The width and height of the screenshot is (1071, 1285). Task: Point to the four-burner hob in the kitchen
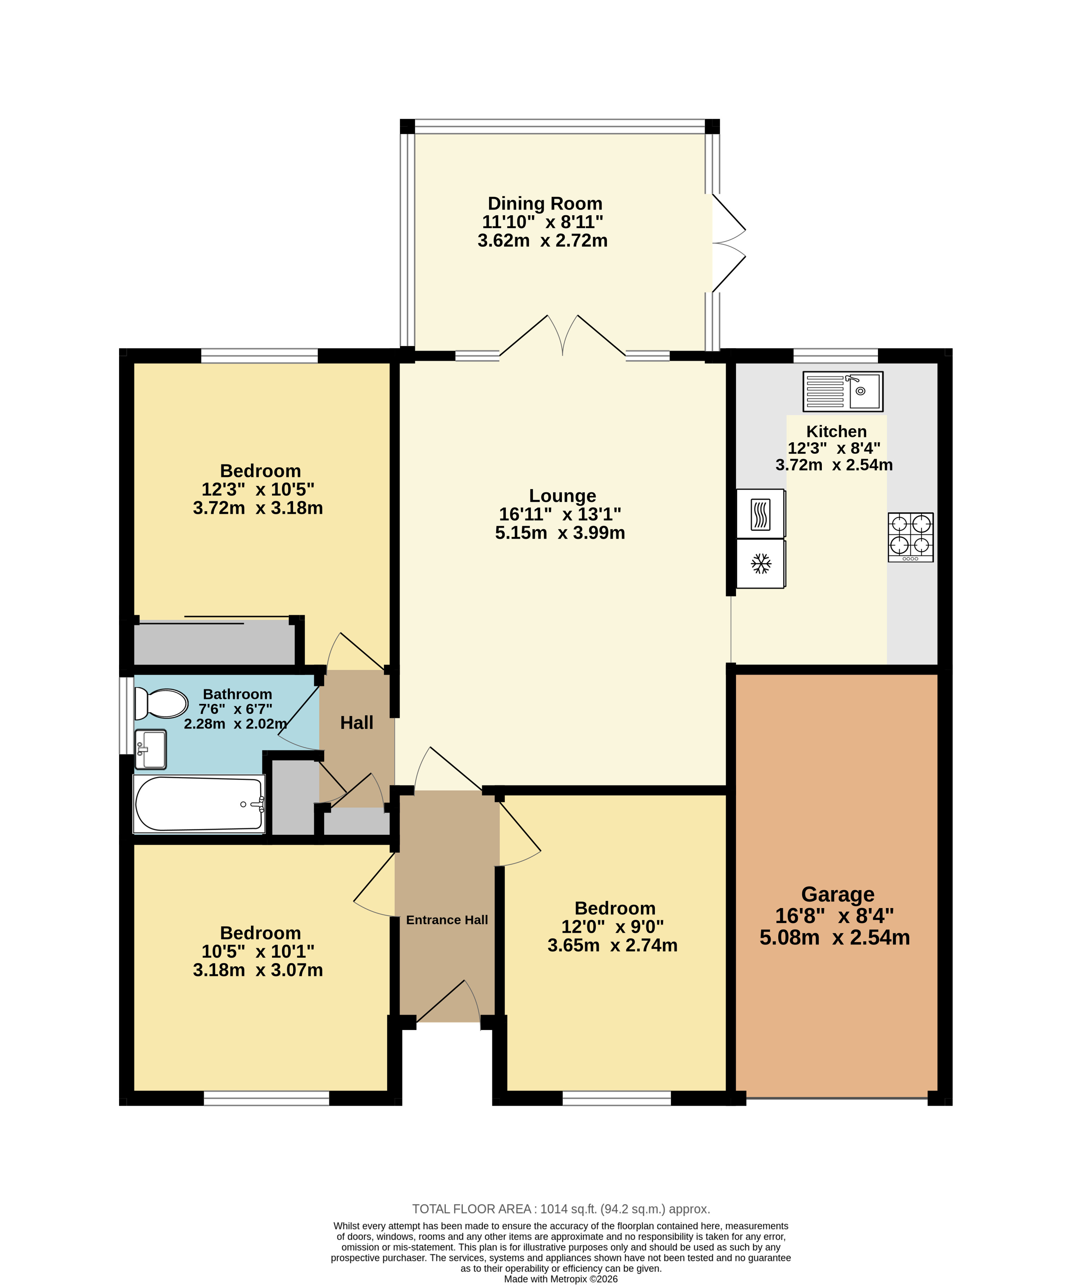tap(911, 537)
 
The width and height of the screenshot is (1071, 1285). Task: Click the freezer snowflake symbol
tap(761, 563)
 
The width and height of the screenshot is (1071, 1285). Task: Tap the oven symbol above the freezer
tap(761, 513)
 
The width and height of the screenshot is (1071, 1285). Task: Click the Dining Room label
tap(545, 203)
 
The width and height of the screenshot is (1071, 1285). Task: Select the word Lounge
tap(562, 496)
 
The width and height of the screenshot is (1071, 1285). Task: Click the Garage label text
tap(838, 895)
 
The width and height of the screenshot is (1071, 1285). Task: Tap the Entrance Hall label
tap(447, 920)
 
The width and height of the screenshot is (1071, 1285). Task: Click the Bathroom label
tap(237, 694)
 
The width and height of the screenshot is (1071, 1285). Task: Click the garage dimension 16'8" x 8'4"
tap(835, 916)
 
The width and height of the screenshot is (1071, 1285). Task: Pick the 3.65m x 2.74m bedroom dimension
tap(612, 945)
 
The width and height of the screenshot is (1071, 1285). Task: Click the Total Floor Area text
tap(561, 1209)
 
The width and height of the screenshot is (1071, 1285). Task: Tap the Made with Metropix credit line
tap(561, 1279)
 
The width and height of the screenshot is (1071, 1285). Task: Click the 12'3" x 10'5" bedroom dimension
tap(258, 489)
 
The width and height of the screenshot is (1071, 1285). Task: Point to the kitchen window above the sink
tap(835, 355)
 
